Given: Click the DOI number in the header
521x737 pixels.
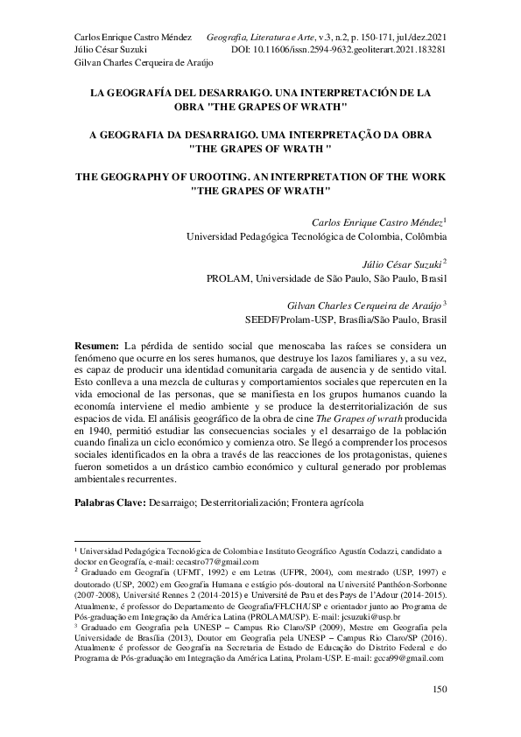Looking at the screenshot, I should (349, 51).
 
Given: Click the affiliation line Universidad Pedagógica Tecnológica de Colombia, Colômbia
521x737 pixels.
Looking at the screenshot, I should (316, 235).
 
